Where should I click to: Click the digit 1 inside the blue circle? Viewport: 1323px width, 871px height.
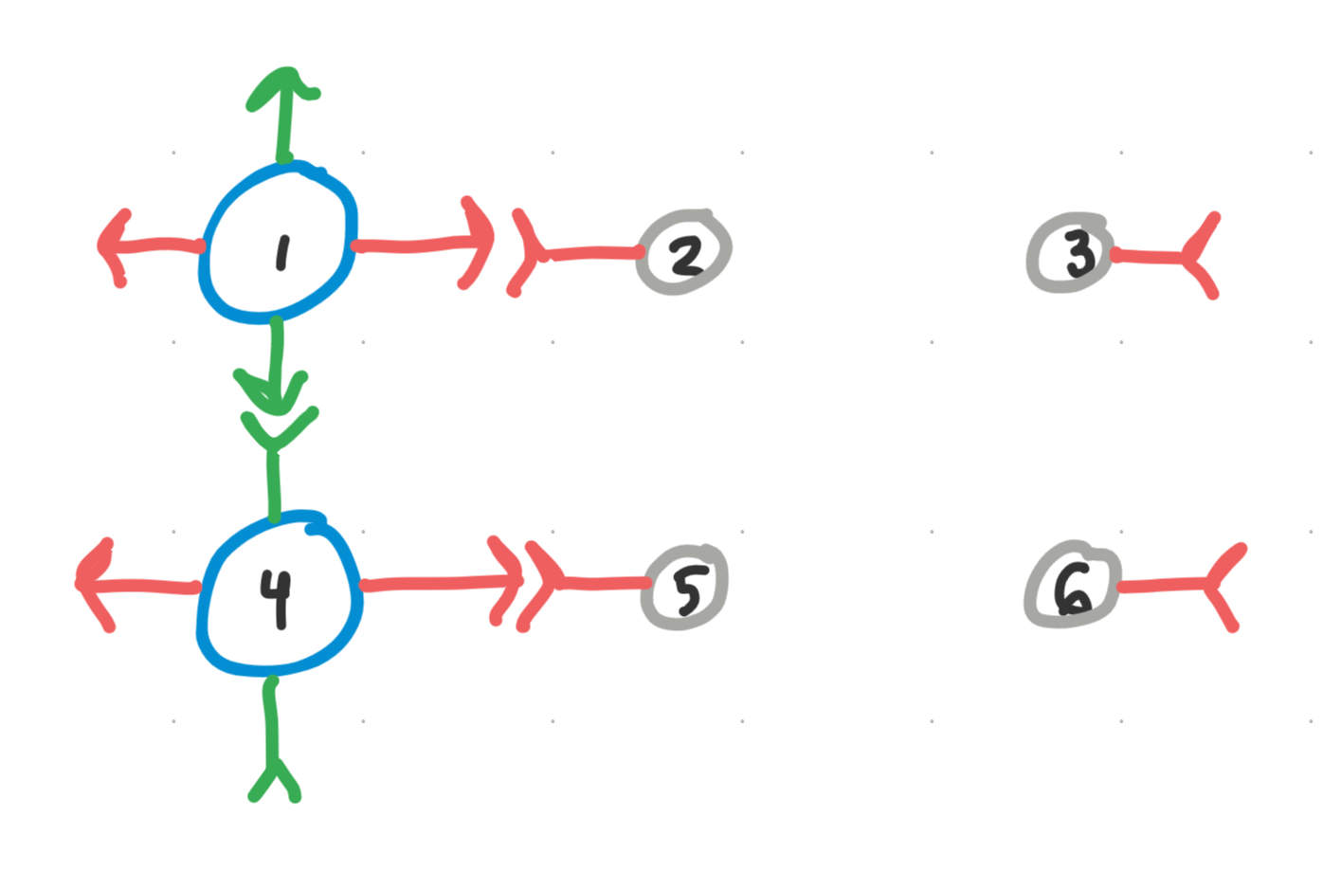click(281, 253)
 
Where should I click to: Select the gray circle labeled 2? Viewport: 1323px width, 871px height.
click(685, 253)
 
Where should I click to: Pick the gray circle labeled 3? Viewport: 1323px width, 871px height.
click(1068, 253)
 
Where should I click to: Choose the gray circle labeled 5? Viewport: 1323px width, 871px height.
click(685, 588)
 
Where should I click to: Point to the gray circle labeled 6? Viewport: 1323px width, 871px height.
click(1072, 586)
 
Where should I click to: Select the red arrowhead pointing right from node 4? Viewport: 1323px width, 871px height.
click(508, 580)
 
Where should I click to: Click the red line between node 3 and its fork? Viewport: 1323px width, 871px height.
click(1149, 256)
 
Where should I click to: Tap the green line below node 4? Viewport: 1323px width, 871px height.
click(272, 720)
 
